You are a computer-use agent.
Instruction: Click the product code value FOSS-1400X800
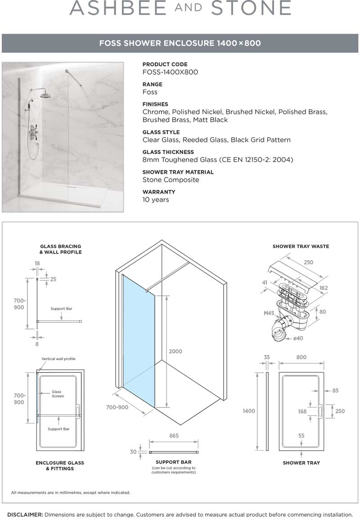tap(170, 72)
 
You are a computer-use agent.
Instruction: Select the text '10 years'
tap(156, 199)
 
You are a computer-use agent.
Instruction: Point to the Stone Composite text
tap(171, 180)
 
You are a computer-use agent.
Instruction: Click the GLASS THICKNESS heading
tap(168, 152)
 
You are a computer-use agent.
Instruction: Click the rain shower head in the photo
tap(45, 95)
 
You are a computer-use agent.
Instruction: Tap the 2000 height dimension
tap(175, 351)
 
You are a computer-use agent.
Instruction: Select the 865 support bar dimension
tap(174, 436)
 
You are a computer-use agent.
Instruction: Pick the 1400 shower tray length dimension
tap(249, 411)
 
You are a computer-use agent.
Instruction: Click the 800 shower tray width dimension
tap(301, 357)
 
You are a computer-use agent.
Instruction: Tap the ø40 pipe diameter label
tap(297, 338)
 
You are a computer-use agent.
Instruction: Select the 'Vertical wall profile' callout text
tap(58, 359)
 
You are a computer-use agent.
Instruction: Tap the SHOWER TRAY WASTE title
tap(301, 246)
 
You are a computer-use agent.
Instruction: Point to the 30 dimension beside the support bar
tap(133, 451)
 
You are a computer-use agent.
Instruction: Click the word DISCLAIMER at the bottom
tap(25, 514)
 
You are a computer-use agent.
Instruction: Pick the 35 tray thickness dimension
tap(267, 357)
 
